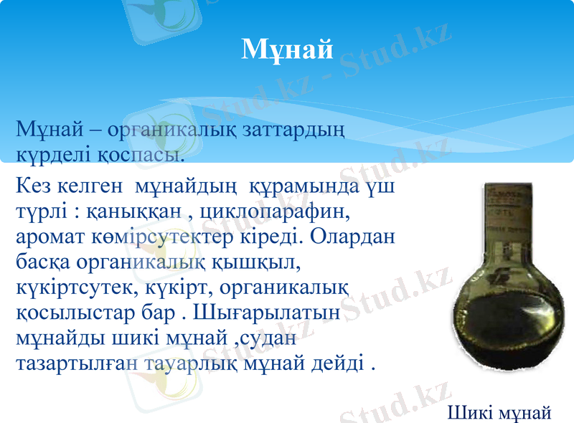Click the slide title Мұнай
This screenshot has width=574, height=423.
287,49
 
